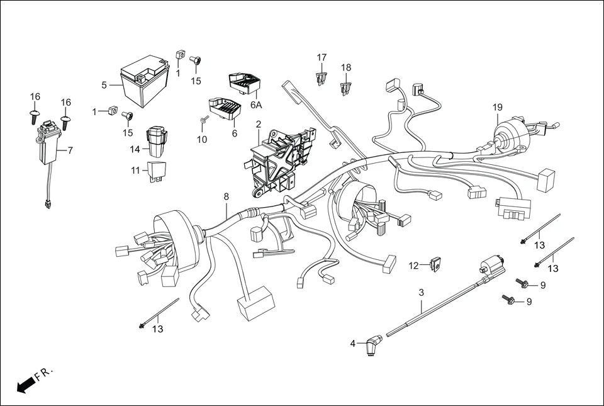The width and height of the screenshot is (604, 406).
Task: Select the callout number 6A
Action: (256, 105)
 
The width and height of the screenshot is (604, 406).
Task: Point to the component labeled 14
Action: (157, 141)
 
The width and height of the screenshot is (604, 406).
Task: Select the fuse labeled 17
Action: (322, 79)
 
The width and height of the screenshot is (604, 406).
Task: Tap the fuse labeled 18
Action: (345, 87)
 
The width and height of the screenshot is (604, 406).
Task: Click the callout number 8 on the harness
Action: (226, 197)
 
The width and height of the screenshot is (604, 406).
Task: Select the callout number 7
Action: (70, 150)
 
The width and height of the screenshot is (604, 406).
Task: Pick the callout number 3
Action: (422, 293)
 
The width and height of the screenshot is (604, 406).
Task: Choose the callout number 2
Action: (259, 124)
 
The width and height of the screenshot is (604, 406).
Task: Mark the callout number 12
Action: (413, 266)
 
